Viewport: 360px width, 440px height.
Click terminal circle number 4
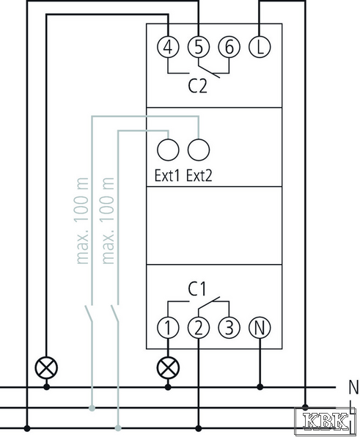pos(168,47)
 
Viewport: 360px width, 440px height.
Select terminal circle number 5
pos(199,47)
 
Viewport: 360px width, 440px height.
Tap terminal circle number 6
pos(229,47)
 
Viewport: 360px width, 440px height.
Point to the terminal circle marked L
pos(260,47)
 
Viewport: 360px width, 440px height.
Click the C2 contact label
pos(198,86)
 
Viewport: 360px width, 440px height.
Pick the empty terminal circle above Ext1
pos(168,150)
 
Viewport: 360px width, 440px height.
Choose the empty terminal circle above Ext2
pos(199,150)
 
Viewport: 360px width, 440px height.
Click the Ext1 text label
pos(167,176)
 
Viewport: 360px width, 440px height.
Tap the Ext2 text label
pos(199,176)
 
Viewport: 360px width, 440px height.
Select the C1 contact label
pos(196,289)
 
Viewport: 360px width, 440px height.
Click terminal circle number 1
pos(168,328)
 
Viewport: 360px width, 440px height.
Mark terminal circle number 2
pos(199,328)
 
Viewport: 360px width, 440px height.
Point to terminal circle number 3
pos(229,328)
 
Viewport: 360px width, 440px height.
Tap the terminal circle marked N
pos(260,328)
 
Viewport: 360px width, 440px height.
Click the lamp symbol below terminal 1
pos(168,367)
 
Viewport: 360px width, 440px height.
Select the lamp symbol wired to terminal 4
pos(47,367)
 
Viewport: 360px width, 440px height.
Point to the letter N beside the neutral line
pos(353,387)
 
